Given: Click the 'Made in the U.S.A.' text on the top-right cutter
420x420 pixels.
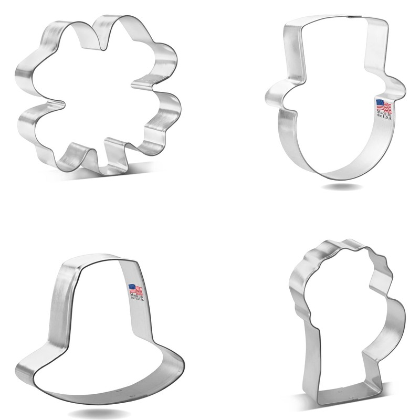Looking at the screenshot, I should [x=383, y=115].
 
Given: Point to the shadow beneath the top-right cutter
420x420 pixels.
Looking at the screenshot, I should [x=349, y=187].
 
